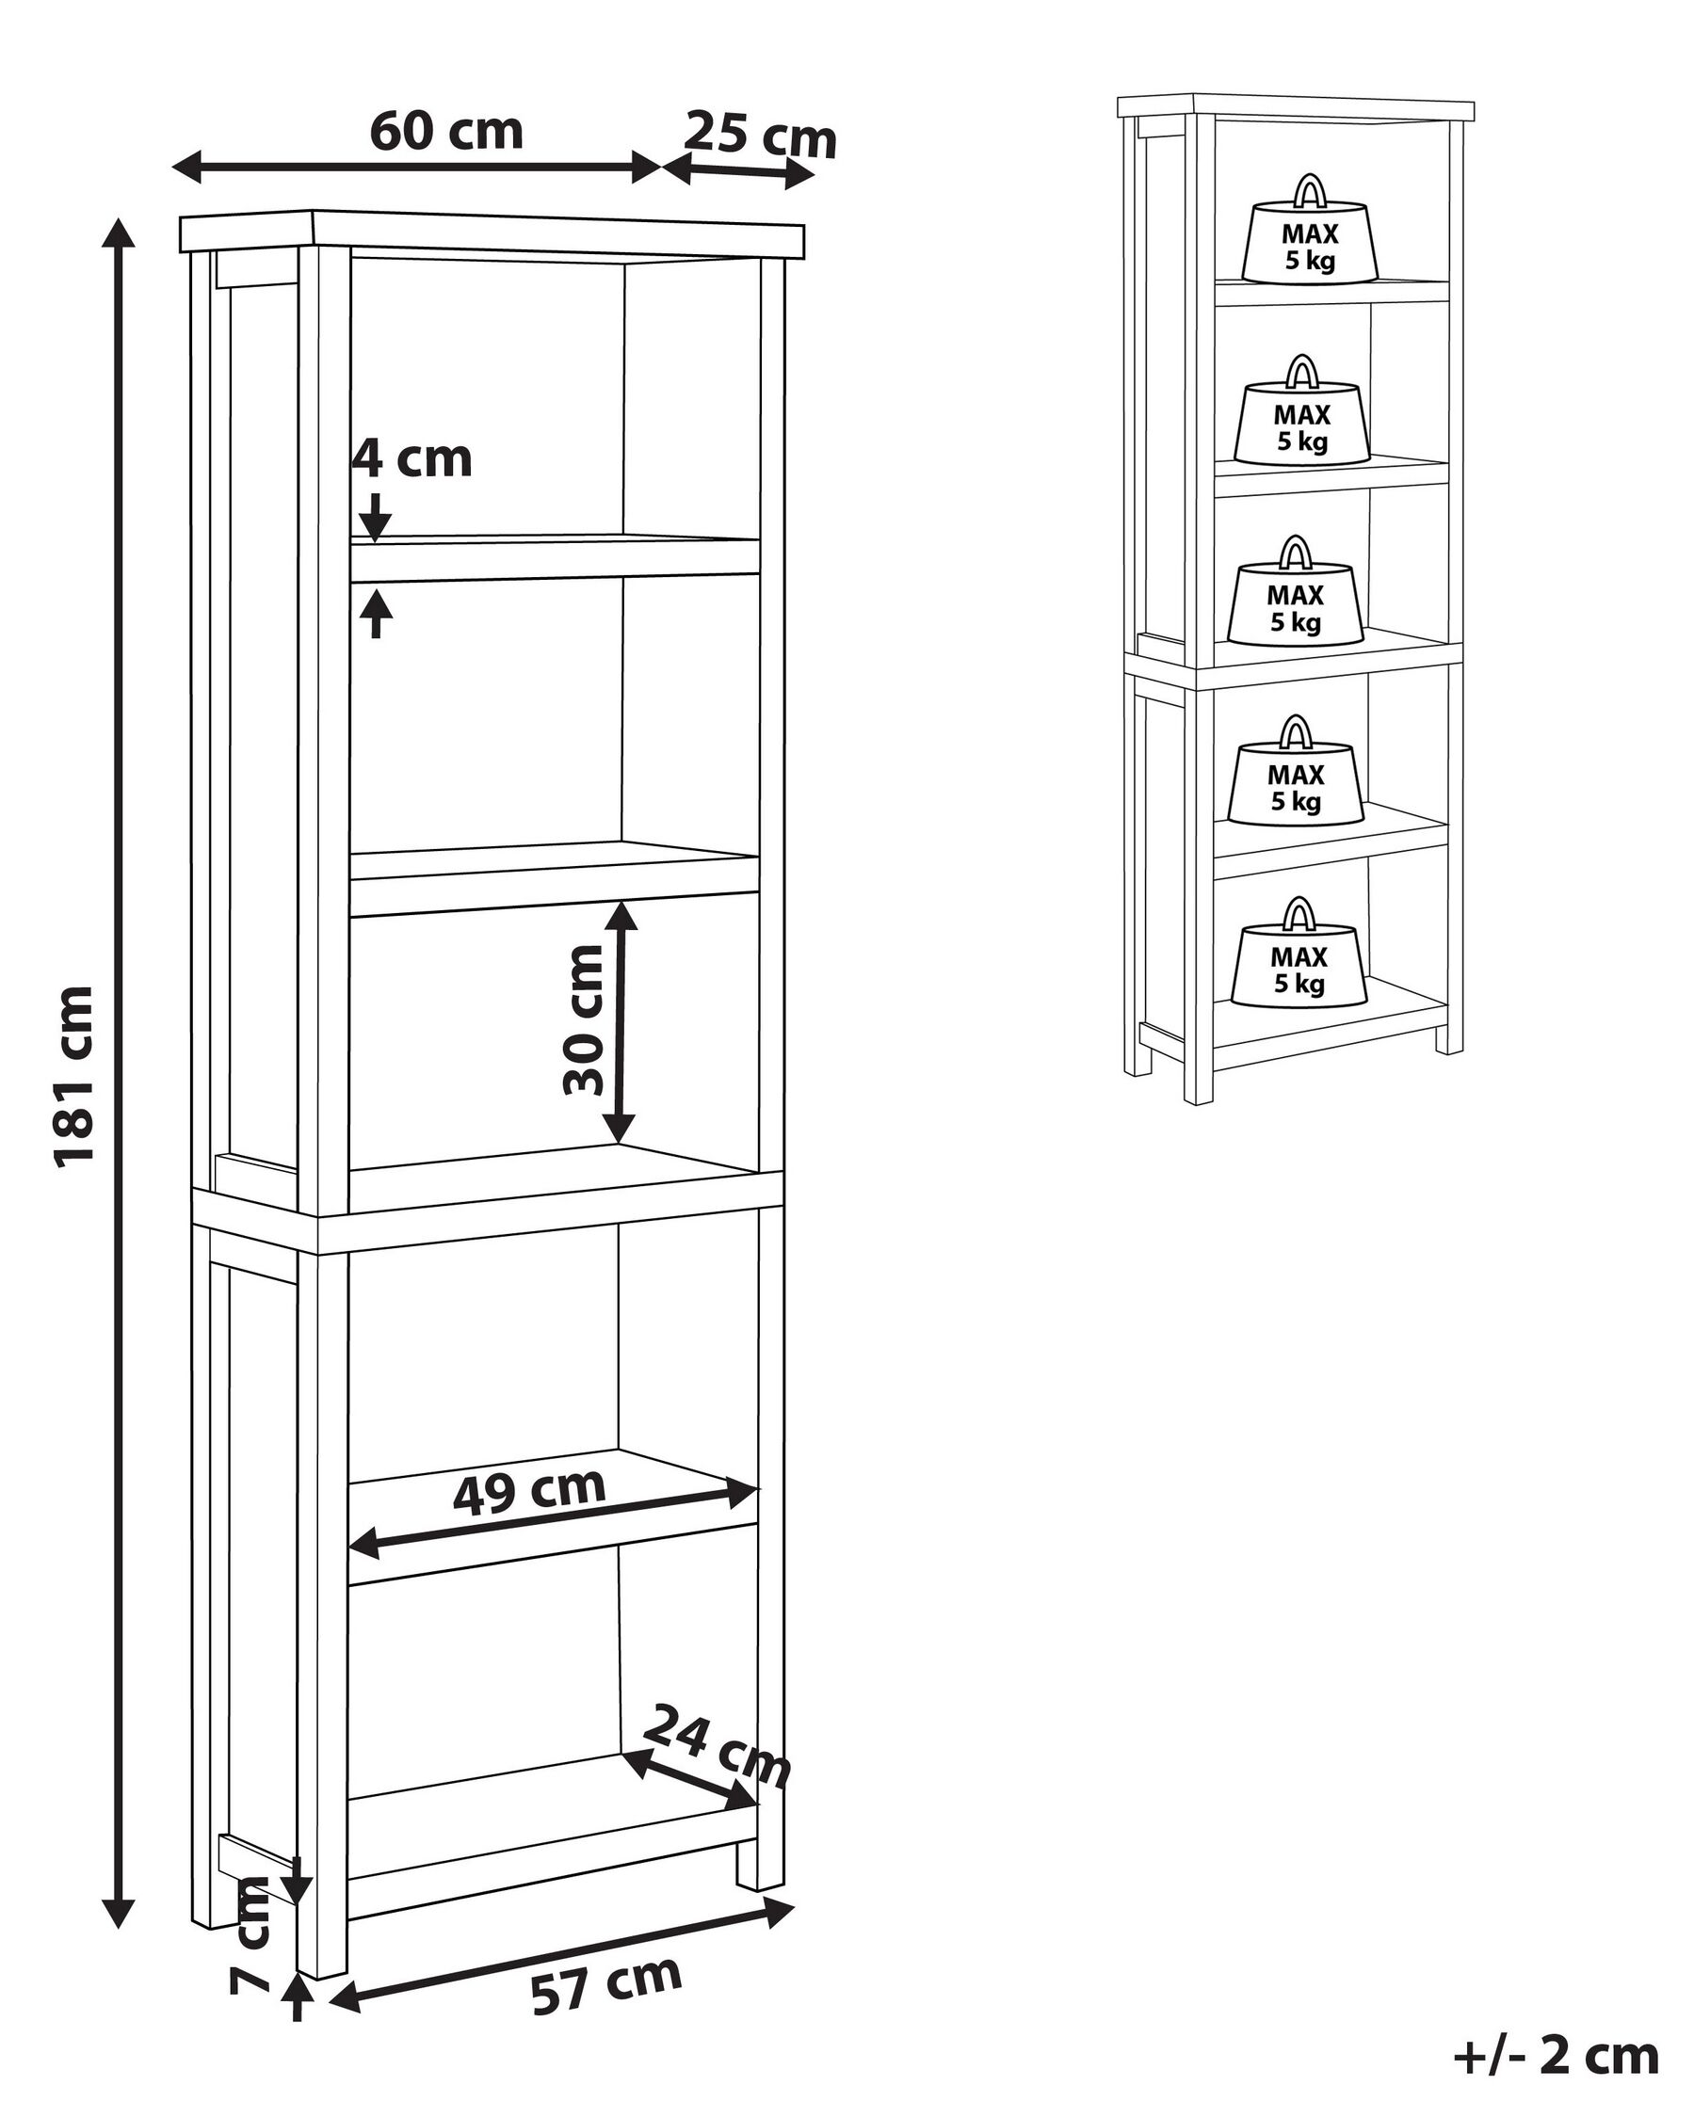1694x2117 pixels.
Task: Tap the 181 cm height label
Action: point(74,1076)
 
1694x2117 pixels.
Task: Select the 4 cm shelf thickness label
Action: point(413,458)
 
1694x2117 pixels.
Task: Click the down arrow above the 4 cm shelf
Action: point(375,514)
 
